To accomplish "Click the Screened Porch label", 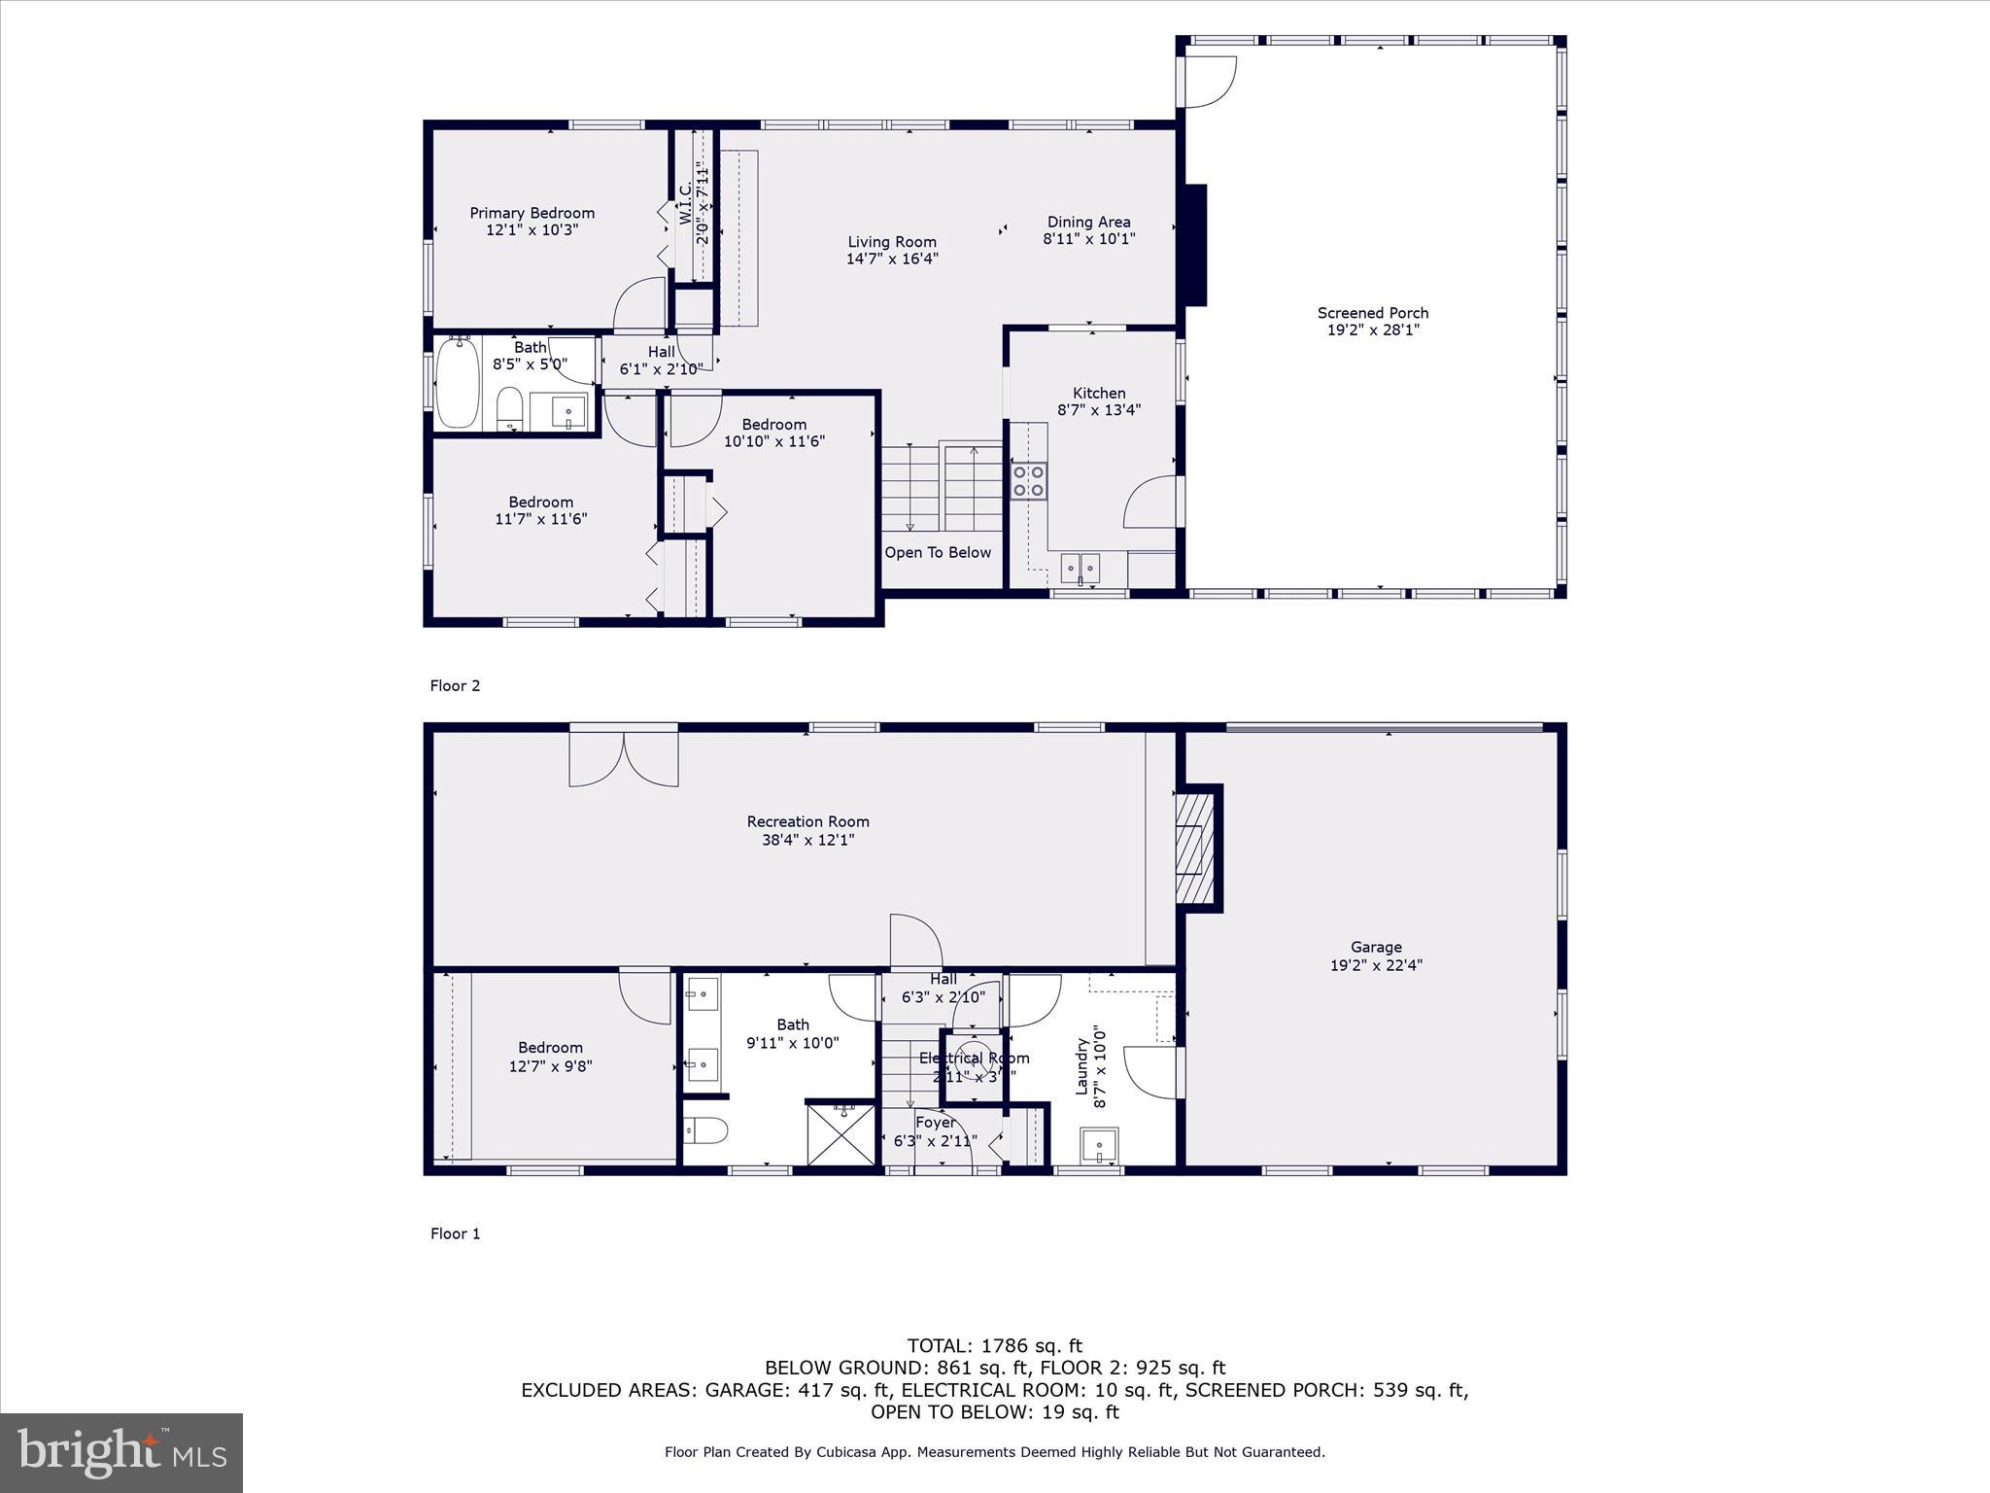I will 1372,313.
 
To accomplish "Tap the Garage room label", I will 1375,947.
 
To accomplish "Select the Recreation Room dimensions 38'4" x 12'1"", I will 807,840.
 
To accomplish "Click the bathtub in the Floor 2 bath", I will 457,383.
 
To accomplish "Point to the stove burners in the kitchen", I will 1029,481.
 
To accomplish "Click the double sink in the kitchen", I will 1080,567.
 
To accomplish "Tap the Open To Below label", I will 937,552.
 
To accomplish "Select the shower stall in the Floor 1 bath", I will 842,1133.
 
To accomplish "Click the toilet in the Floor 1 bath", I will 704,1130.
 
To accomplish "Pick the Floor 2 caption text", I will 455,685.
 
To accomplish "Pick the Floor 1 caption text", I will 455,1233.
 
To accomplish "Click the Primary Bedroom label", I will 532,213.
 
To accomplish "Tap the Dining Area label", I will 1088,222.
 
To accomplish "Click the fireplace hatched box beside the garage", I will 1195,847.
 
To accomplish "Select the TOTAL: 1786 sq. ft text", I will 994,1345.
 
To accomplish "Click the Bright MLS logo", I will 121,1452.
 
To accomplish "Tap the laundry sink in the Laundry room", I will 1100,1147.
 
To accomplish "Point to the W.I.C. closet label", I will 685,204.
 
